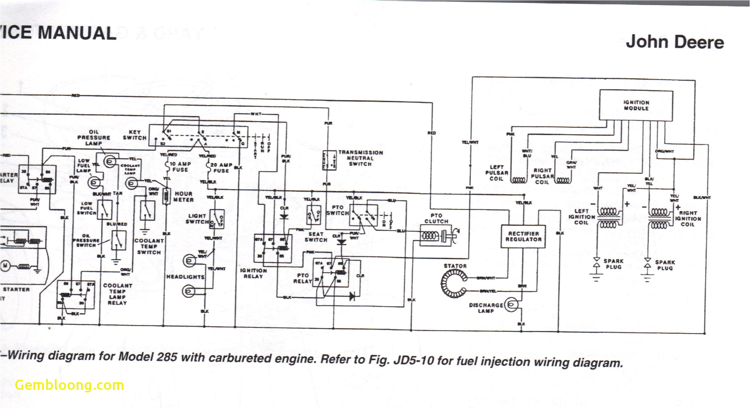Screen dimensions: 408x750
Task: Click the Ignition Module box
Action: pyautogui.click(x=636, y=105)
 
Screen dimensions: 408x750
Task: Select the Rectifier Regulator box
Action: pyautogui.click(x=523, y=237)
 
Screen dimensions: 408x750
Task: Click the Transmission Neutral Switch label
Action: pyautogui.click(x=360, y=158)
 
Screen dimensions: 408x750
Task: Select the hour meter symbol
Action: pyautogui.click(x=166, y=196)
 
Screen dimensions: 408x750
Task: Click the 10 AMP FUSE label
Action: pyautogui.click(x=180, y=167)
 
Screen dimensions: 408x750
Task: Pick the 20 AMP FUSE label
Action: pyautogui.click(x=221, y=168)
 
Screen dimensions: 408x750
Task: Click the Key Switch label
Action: pyautogui.click(x=134, y=135)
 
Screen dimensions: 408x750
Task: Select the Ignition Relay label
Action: pyautogui.click(x=253, y=273)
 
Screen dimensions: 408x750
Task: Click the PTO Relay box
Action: pyautogui.click(x=331, y=273)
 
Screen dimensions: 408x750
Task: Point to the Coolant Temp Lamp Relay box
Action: pyautogui.click(x=76, y=294)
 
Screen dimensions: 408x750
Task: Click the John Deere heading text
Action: pyautogui.click(x=674, y=42)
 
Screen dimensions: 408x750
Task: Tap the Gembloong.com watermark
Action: pyautogui.click(x=69, y=385)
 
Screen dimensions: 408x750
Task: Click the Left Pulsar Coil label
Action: pyautogui.click(x=496, y=173)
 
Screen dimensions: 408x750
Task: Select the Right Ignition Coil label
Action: pyautogui.click(x=688, y=219)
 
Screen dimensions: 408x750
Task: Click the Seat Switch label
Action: pyautogui.click(x=316, y=237)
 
